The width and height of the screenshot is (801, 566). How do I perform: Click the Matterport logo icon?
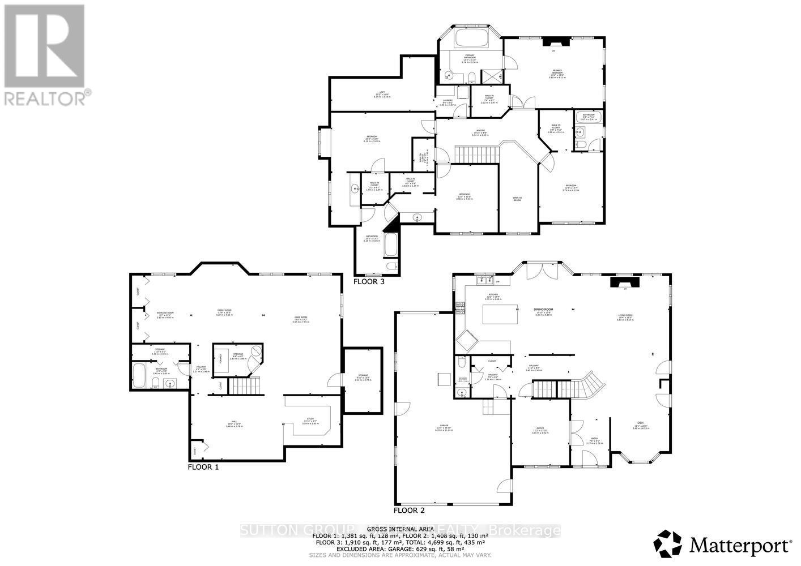pyautogui.click(x=668, y=544)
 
